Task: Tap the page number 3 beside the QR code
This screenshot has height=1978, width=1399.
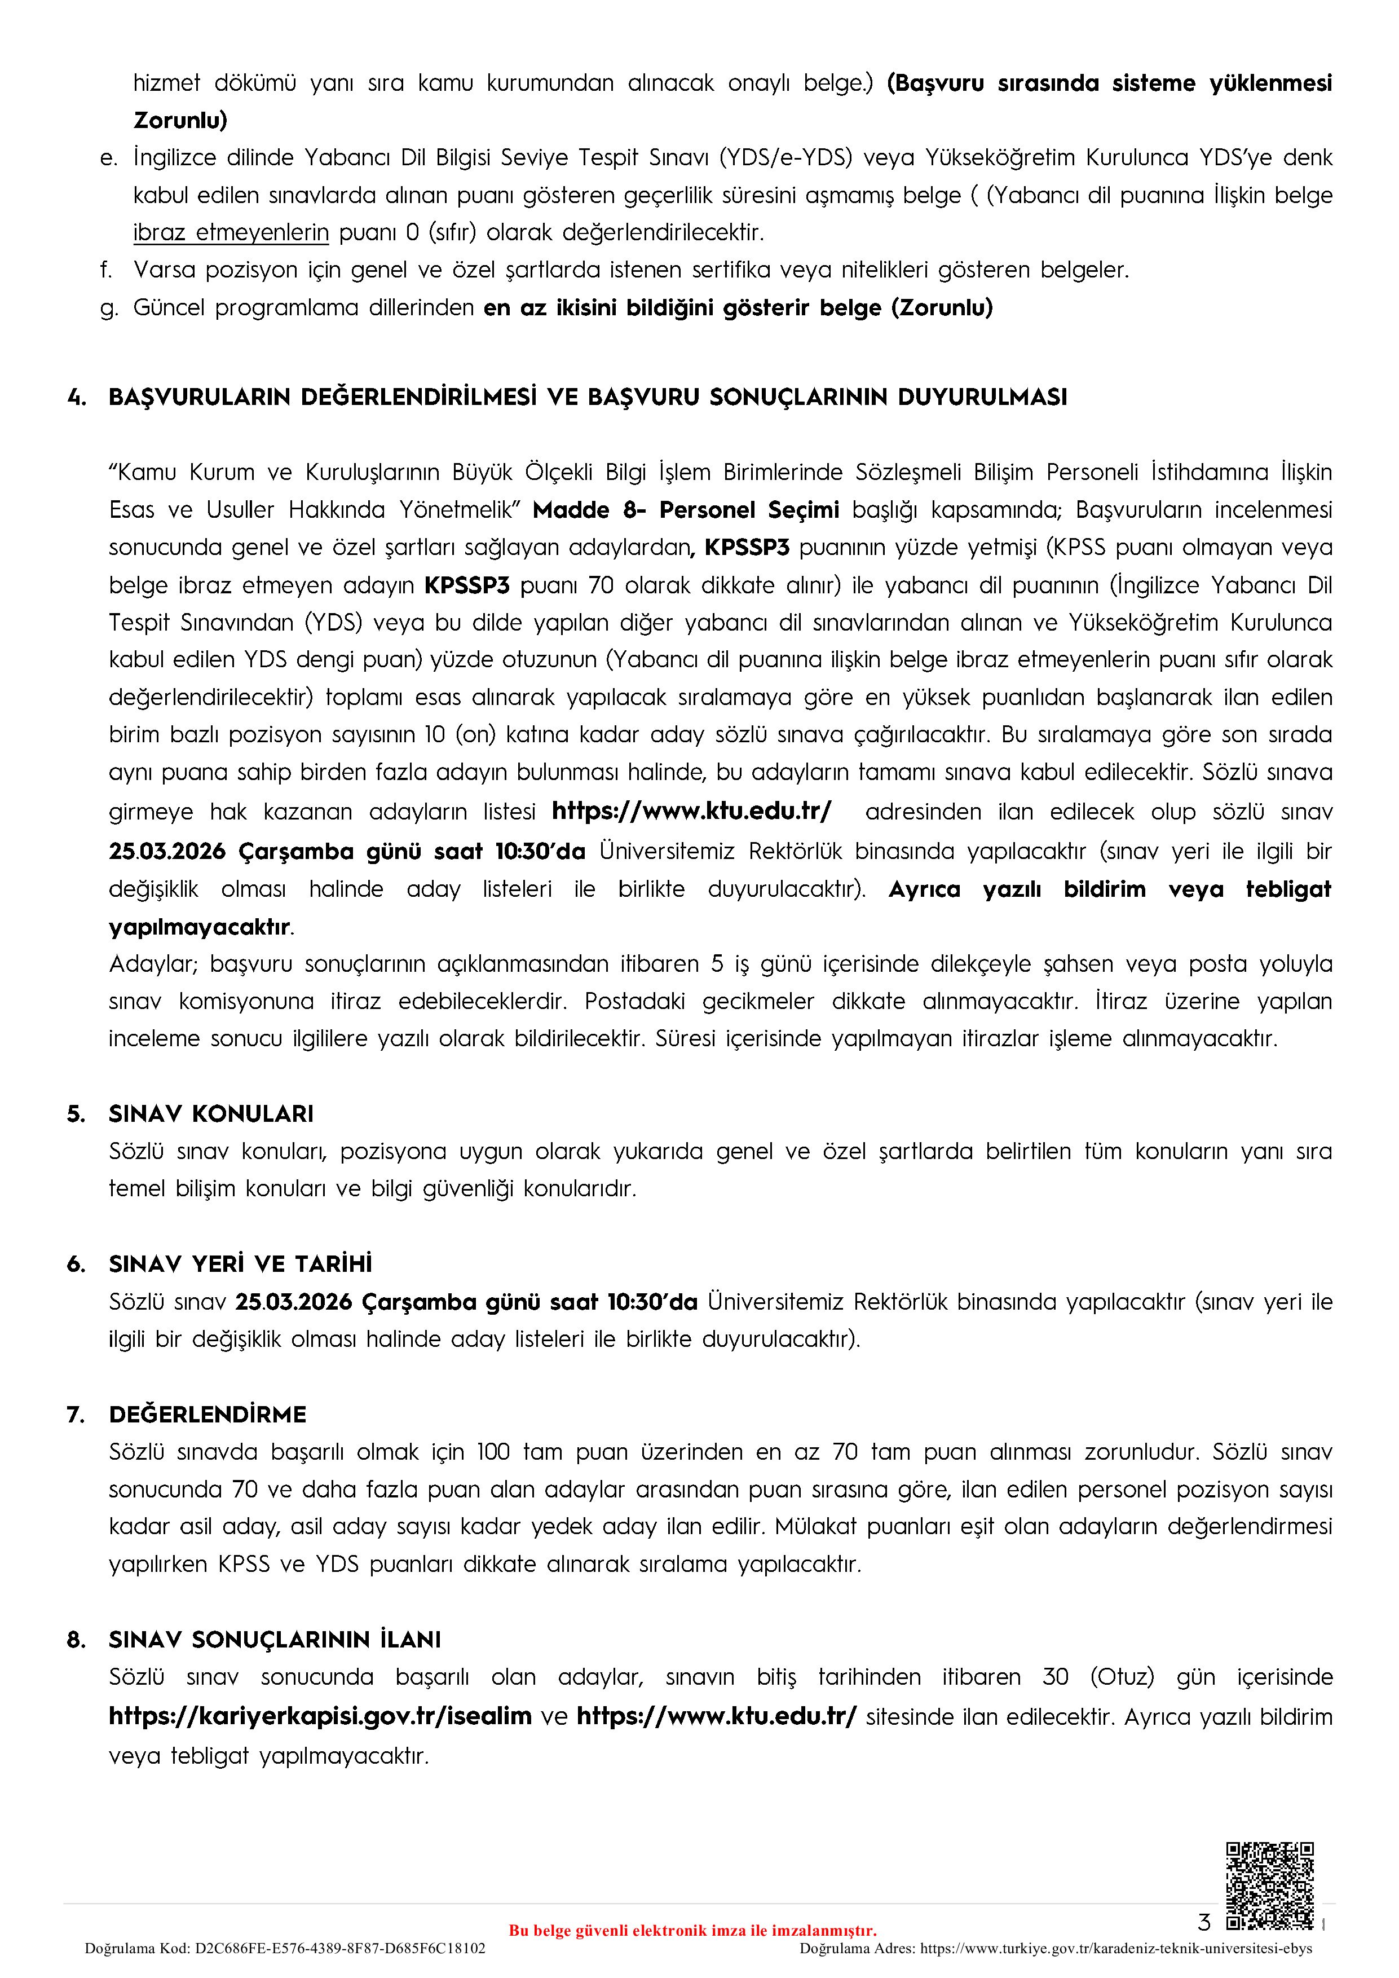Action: click(1204, 1922)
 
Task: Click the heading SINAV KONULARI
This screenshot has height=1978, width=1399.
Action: click(211, 1114)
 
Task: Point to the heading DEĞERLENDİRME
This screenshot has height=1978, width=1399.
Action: click(208, 1415)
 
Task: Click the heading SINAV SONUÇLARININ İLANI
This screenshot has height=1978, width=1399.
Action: click(275, 1640)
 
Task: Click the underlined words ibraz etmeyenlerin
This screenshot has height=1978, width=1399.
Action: click(231, 232)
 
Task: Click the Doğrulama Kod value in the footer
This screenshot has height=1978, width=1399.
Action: click(340, 1949)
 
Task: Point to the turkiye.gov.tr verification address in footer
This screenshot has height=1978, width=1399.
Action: click(1115, 1949)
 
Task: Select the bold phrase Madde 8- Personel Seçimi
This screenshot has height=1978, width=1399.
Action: click(686, 510)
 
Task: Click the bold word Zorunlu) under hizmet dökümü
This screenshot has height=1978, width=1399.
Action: click(180, 121)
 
